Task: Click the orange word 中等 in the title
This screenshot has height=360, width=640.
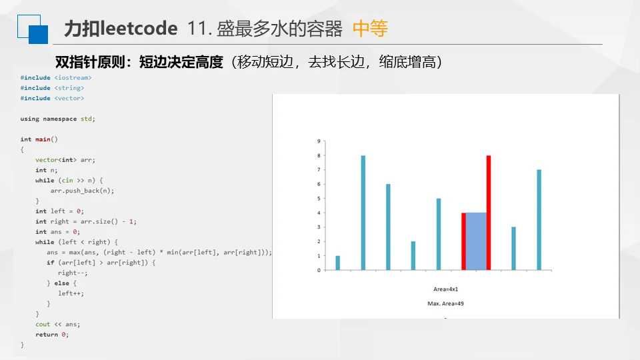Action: (370, 29)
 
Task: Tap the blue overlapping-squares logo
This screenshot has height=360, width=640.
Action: (33, 29)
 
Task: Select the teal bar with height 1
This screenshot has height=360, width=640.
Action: (337, 263)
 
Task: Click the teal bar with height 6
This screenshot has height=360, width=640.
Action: (388, 227)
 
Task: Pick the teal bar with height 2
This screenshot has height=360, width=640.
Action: (413, 255)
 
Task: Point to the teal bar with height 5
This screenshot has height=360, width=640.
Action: (439, 234)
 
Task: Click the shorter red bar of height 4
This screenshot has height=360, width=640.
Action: (464, 241)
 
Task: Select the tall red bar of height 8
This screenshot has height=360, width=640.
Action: (489, 213)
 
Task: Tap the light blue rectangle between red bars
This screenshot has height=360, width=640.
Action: (476, 241)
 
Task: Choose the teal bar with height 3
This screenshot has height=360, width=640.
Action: (513, 249)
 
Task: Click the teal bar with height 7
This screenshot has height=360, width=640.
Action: (539, 220)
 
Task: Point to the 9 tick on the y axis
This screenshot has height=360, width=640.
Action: (319, 141)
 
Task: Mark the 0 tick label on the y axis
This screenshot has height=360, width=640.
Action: (319, 270)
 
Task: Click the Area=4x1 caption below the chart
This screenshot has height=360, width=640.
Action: (446, 289)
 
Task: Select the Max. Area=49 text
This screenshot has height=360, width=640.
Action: (446, 303)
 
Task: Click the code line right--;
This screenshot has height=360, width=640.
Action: (73, 273)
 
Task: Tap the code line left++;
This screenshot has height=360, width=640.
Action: (71, 293)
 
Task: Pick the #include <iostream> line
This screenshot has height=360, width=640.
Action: (56, 77)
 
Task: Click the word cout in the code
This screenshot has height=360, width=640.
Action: (43, 324)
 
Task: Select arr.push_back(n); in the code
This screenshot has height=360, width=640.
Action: (82, 191)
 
